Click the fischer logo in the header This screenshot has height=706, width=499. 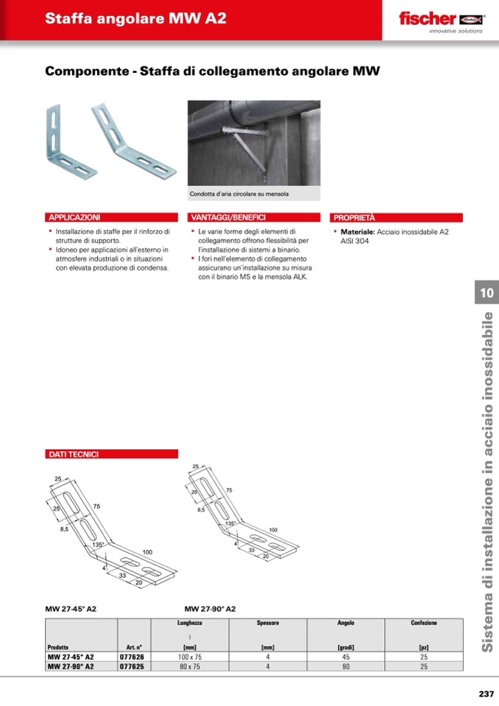pyautogui.click(x=439, y=20)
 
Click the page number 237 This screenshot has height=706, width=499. pyautogui.click(x=486, y=693)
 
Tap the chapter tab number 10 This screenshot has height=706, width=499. pyautogui.click(x=486, y=293)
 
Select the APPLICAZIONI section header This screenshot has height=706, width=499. pyautogui.click(x=74, y=218)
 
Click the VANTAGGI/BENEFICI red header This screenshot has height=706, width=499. pyautogui.click(x=228, y=218)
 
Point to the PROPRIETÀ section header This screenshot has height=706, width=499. pyautogui.click(x=355, y=218)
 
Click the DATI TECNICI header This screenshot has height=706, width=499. pyautogui.click(x=74, y=454)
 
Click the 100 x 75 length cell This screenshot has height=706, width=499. pyautogui.click(x=189, y=656)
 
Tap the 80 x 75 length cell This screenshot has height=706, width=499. pyautogui.click(x=189, y=666)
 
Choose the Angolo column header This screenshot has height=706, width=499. pyautogui.click(x=345, y=623)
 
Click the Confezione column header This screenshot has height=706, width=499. pyautogui.click(x=424, y=623)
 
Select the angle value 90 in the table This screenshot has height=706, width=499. pyautogui.click(x=345, y=666)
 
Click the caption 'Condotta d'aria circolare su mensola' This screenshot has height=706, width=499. pyautogui.click(x=239, y=194)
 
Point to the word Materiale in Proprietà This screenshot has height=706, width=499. pyautogui.click(x=358, y=232)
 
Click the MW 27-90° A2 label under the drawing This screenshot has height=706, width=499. pyautogui.click(x=210, y=609)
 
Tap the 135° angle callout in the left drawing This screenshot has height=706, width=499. pyautogui.click(x=99, y=544)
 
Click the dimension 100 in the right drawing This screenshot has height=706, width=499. pyautogui.click(x=272, y=530)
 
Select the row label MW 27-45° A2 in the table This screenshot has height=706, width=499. pyautogui.click(x=71, y=656)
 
